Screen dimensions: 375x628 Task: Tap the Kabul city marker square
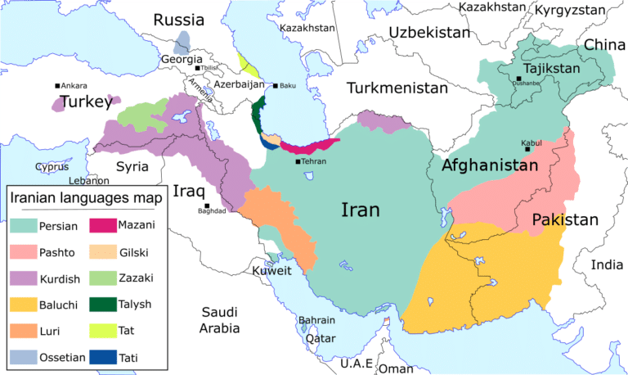[x=528, y=148]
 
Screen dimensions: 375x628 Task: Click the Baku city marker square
[x=276, y=86]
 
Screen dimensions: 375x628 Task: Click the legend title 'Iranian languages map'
[x=86, y=197]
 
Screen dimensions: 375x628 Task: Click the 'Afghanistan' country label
[x=490, y=165]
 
